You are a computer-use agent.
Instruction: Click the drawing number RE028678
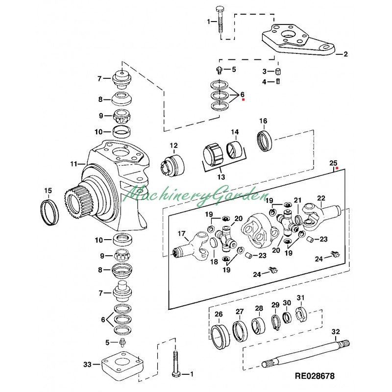[315, 376]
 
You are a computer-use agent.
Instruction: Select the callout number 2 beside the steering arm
[345, 54]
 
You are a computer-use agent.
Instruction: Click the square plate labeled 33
[122, 363]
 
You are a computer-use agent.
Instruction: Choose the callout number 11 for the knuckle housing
[74, 164]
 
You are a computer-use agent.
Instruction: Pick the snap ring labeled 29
[275, 323]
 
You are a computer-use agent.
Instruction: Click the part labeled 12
[172, 165]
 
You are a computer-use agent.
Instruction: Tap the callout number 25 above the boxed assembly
[333, 163]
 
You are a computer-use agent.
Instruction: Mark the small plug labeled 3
[278, 72]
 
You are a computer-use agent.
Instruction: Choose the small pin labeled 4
[278, 81]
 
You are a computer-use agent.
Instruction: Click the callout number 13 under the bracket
[221, 177]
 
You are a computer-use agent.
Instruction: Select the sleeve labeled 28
[258, 326]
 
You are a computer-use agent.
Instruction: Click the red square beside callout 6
[243, 99]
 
